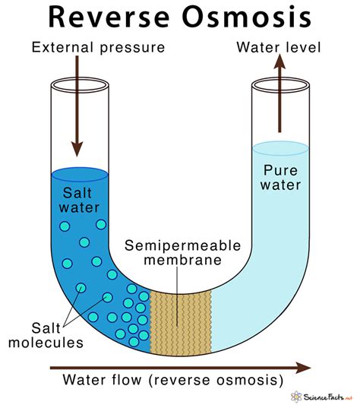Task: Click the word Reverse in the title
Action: click(x=109, y=17)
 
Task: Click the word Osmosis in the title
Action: click(x=247, y=17)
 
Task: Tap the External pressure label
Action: click(x=98, y=48)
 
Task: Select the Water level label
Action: click(x=279, y=48)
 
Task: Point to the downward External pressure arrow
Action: click(x=77, y=106)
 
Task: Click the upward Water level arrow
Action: click(x=279, y=93)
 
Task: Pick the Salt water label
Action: click(x=79, y=200)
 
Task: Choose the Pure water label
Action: click(x=280, y=178)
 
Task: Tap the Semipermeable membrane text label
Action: click(x=182, y=253)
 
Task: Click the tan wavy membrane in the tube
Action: click(x=181, y=324)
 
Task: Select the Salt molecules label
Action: click(x=46, y=335)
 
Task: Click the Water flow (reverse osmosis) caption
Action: click(x=173, y=380)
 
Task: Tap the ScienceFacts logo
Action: click(x=321, y=397)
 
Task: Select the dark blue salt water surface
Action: click(x=80, y=175)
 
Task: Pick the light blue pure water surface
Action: click(x=280, y=149)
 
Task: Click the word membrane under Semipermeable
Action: click(x=182, y=260)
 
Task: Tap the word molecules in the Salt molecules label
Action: click(x=46, y=343)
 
